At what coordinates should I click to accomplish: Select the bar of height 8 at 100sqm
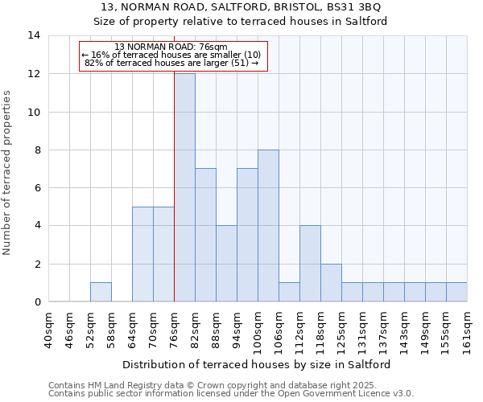[x=268, y=226]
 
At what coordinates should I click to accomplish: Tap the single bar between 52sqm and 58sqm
[x=101, y=293]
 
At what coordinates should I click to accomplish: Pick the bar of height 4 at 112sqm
[x=310, y=264]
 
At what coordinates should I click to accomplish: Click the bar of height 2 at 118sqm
[x=331, y=283]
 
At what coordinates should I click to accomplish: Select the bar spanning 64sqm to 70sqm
[x=142, y=254]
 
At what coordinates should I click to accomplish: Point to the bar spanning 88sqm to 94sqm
[x=226, y=264]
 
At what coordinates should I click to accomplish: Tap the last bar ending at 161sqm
[x=456, y=293]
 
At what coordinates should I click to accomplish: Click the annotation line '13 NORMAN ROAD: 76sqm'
[x=171, y=47]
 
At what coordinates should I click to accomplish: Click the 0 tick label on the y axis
[x=37, y=302]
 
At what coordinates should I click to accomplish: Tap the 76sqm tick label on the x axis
[x=174, y=326]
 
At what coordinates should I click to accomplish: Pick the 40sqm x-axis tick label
[x=48, y=326]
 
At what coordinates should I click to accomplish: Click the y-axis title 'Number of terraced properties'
[x=7, y=173]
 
